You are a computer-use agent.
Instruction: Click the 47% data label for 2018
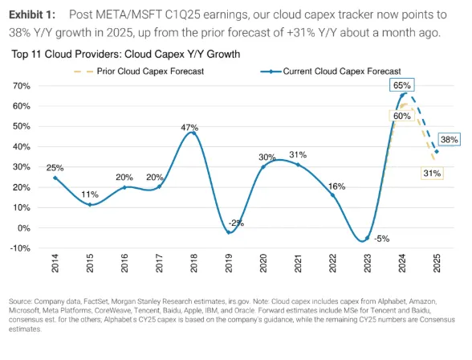189,128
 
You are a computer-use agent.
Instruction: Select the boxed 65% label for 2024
402,85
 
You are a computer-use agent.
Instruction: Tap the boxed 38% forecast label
450,140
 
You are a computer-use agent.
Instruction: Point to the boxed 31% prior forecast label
432,174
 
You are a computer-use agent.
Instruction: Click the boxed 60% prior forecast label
402,116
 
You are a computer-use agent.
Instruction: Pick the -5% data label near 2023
382,239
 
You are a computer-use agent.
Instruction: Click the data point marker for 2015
90,205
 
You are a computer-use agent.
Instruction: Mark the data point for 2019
229,232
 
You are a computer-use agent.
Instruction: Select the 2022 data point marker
332,195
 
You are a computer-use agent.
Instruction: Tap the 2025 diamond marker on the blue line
437,152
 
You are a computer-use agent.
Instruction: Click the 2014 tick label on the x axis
55,264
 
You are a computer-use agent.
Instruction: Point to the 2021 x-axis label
298,264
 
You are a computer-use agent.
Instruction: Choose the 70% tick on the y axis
22,86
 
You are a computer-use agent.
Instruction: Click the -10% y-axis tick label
20,248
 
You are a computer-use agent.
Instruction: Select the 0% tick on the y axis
24,228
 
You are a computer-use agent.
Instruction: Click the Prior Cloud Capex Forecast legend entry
139,72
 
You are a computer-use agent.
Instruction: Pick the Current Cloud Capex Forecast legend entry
331,72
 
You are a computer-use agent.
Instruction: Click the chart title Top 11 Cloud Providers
126,54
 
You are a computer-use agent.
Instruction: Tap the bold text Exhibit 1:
32,14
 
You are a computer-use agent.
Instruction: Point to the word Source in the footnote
21,301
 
